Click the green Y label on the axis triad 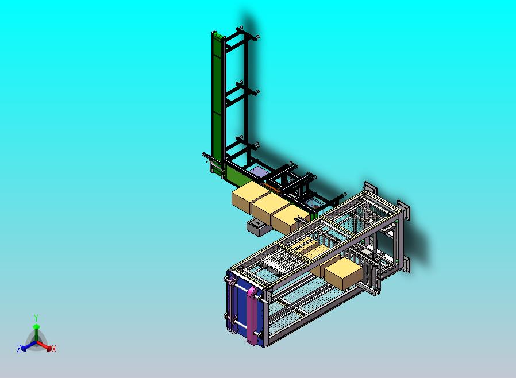tap(36, 318)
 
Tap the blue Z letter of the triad tap(19, 348)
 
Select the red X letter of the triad tap(54, 349)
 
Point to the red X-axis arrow tap(44, 346)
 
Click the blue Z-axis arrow tap(28, 346)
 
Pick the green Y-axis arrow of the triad tap(36, 333)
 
